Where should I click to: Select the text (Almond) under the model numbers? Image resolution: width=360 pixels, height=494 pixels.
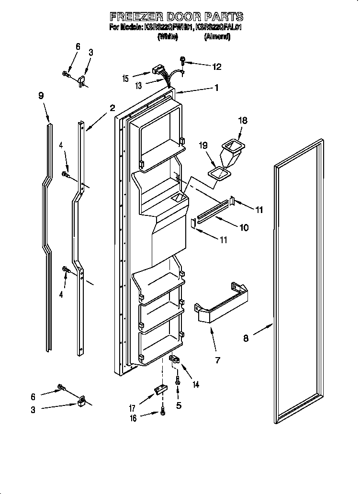pyautogui.click(x=217, y=37)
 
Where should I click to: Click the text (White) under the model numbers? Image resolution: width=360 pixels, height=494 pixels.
pyautogui.click(x=168, y=37)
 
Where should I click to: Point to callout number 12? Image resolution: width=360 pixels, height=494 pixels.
pyautogui.click(x=216, y=67)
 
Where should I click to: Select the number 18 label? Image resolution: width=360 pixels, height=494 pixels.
pyautogui.click(x=243, y=121)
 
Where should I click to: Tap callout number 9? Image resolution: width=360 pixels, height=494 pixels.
pyautogui.click(x=41, y=95)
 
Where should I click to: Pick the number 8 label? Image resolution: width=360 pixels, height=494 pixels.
pyautogui.click(x=246, y=338)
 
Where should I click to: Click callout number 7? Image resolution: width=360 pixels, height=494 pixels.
pyautogui.click(x=217, y=360)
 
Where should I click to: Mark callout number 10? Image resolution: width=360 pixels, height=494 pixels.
pyautogui.click(x=244, y=228)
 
